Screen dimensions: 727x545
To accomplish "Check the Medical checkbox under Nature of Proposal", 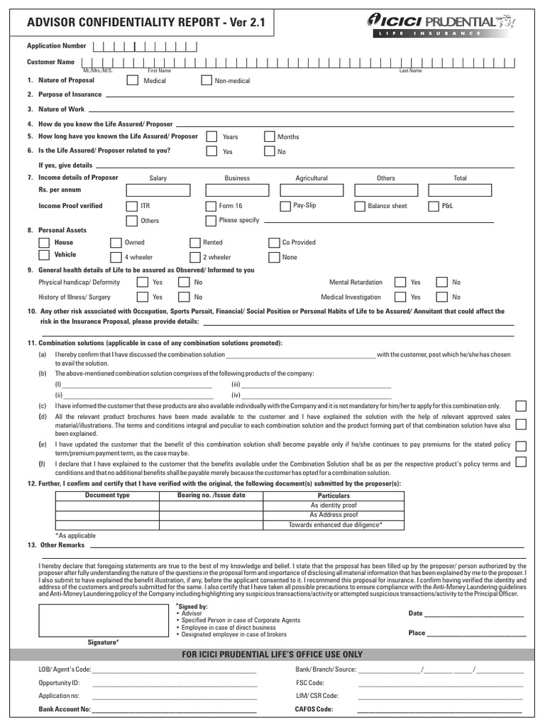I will (x=132, y=80).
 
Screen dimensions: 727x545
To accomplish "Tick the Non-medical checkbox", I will (x=207, y=80).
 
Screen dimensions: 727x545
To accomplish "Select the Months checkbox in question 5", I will (x=269, y=136).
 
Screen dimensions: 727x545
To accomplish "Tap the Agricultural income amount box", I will (x=312, y=190).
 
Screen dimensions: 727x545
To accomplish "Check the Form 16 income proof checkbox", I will (x=211, y=206).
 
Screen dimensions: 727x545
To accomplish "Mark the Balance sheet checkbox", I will (x=360, y=206).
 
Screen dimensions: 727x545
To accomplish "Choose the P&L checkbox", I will (x=434, y=206).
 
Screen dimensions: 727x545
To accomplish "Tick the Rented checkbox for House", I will (x=195, y=242).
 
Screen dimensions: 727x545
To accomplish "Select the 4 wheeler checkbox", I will (x=116, y=257).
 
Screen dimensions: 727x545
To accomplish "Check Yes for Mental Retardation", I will (x=401, y=282).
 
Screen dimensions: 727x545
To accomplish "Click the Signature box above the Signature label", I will (x=103, y=620).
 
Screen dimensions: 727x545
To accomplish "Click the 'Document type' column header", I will (x=107, y=495).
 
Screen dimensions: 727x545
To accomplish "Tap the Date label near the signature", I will (x=415, y=613).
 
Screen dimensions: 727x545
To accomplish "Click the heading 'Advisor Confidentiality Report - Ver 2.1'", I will (x=145, y=23).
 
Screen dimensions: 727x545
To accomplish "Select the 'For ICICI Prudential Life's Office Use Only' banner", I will (x=272, y=654).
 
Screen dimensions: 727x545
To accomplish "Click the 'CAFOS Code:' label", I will (x=314, y=709).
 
